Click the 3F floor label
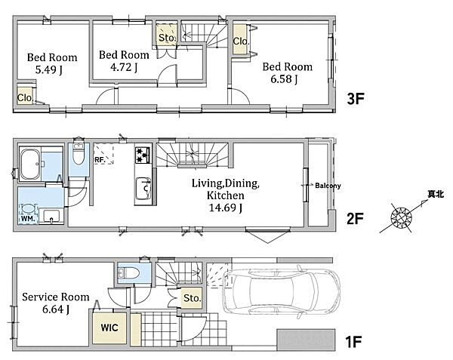click(356, 99)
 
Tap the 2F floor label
click(355, 219)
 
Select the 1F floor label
click(353, 342)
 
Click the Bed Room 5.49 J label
click(52, 63)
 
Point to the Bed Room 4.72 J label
click(124, 60)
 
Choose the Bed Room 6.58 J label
click(287, 72)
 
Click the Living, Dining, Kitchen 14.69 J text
click(226, 195)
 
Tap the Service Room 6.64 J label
click(55, 303)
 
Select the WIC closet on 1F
click(109, 328)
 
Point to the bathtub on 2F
click(30, 165)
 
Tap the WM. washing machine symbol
click(28, 214)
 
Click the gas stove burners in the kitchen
click(143, 155)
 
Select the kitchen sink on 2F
click(143, 189)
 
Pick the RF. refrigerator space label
click(100, 159)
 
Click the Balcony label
click(328, 186)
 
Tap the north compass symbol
click(402, 217)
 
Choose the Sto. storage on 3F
click(167, 35)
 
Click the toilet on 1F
click(129, 272)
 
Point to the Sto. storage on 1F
click(192, 298)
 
